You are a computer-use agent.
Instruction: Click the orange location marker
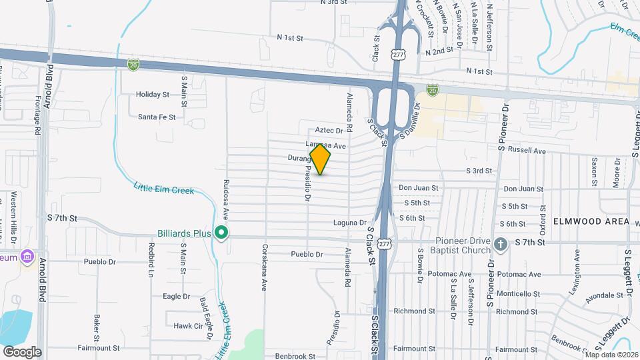coord(321,159)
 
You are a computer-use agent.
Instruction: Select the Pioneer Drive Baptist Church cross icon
coord(502,244)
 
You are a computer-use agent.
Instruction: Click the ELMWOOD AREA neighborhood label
coord(591,221)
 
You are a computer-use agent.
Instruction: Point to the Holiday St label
coord(153,95)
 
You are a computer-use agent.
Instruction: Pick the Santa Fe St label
coord(157,117)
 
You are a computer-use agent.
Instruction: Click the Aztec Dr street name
coord(329,131)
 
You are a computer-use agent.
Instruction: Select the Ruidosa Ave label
coord(227,195)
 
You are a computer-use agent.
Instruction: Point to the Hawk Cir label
coord(188,326)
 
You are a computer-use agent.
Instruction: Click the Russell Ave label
coord(527,151)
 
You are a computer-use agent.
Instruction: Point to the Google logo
coord(22,352)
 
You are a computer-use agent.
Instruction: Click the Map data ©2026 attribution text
coord(611,355)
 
